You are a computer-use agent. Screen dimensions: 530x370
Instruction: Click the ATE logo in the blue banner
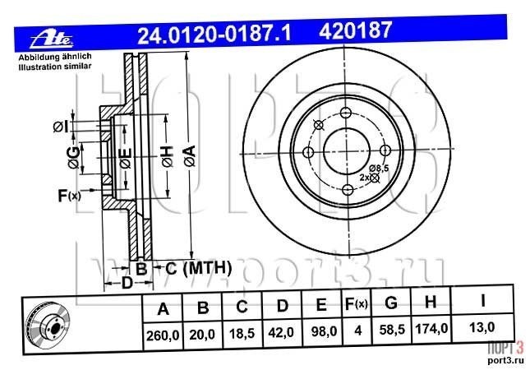pyautogui.click(x=52, y=40)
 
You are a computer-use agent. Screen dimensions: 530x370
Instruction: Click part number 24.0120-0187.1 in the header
pyautogui.click(x=214, y=35)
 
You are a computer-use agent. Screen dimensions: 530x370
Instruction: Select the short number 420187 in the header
pyautogui.click(x=355, y=30)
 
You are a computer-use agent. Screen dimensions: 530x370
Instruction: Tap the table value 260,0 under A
pyautogui.click(x=163, y=335)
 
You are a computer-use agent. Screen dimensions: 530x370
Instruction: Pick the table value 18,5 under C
pyautogui.click(x=242, y=334)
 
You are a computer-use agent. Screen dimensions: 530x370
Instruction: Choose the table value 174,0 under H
pyautogui.click(x=431, y=328)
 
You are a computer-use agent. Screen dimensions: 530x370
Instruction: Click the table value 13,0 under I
pyautogui.click(x=482, y=327)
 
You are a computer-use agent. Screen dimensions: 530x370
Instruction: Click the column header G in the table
pyautogui.click(x=391, y=303)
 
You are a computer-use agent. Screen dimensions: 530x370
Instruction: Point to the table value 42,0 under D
pyautogui.click(x=280, y=333)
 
